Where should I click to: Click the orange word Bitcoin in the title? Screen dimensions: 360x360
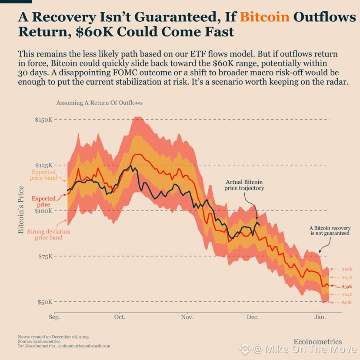click(x=265, y=17)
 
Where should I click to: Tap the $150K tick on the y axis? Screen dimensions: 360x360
click(x=43, y=120)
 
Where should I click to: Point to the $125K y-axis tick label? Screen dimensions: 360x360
click(x=43, y=165)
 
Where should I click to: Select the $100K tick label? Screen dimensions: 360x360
click(x=43, y=211)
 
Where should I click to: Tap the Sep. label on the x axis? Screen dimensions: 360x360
click(x=54, y=317)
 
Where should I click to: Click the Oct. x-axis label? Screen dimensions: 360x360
click(x=120, y=317)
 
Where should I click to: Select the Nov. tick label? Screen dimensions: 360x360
click(x=187, y=317)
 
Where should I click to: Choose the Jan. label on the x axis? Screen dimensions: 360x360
click(x=320, y=317)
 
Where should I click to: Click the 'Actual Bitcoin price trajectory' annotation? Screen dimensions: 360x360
click(x=244, y=185)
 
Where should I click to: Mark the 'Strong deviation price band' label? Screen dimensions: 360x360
click(x=49, y=235)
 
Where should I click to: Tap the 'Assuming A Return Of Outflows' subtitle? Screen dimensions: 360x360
click(x=100, y=103)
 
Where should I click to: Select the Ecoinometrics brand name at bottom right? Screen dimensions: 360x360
click(x=318, y=342)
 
